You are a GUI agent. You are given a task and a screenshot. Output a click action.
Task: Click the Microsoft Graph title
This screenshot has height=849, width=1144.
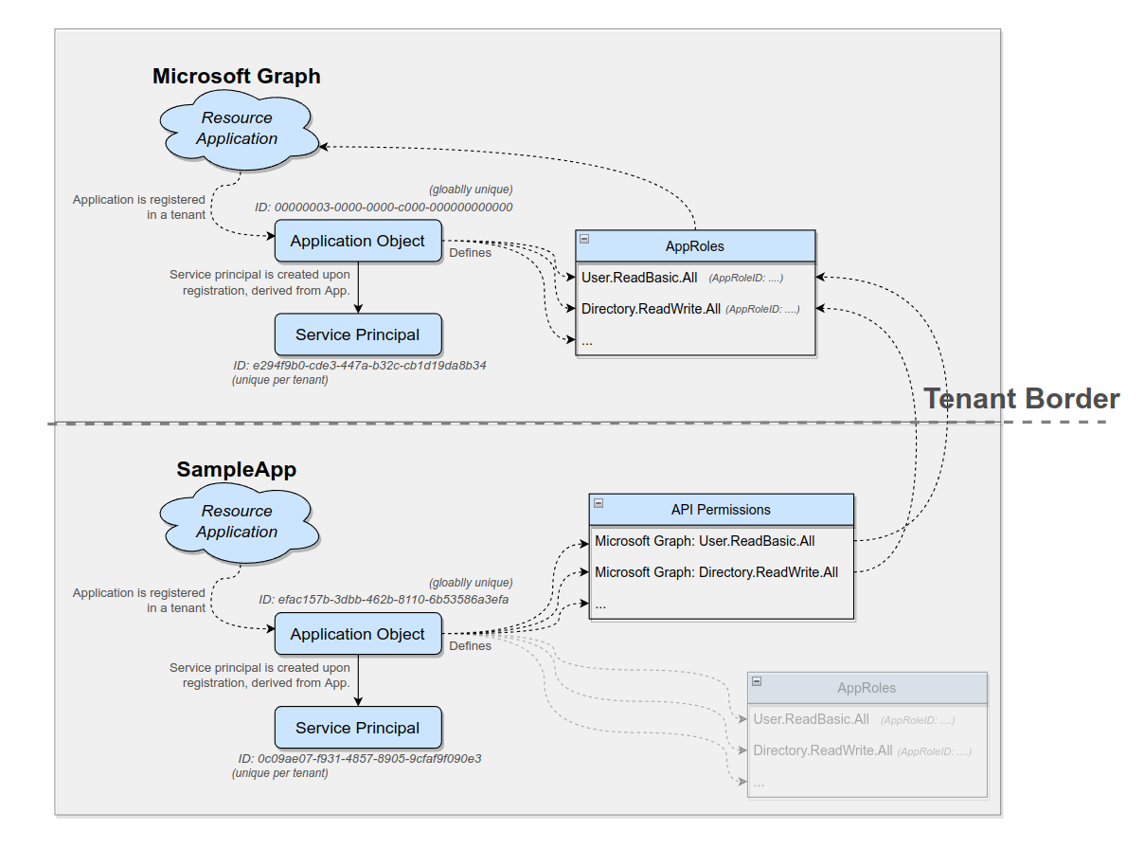236,77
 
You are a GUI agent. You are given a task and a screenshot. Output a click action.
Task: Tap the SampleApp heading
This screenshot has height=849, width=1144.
236,470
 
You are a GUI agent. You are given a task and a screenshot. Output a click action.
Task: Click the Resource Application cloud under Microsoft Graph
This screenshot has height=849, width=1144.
237,129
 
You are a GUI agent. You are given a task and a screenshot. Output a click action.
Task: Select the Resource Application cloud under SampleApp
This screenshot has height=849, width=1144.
237,522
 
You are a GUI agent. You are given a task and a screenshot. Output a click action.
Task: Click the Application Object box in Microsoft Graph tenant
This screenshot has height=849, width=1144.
358,241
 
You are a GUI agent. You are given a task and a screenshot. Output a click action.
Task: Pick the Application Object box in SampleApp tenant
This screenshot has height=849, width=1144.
358,634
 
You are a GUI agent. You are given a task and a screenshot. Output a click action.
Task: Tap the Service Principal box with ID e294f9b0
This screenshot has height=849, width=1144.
358,334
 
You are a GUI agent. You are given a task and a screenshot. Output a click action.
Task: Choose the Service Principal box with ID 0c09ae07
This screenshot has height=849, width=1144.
358,728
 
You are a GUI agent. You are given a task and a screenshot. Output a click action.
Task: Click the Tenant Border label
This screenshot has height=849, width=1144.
1021,399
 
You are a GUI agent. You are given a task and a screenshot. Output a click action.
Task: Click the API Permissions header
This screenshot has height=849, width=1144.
721,510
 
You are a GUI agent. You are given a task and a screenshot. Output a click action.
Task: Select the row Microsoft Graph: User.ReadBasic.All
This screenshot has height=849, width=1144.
705,542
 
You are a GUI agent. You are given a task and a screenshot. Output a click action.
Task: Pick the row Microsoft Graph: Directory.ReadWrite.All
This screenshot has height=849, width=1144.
716,572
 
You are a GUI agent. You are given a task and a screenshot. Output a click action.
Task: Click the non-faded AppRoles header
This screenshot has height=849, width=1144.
694,246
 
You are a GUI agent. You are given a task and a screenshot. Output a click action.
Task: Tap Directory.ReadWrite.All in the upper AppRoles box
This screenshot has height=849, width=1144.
651,309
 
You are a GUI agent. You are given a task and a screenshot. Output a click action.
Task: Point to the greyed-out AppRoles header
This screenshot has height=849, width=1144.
867,688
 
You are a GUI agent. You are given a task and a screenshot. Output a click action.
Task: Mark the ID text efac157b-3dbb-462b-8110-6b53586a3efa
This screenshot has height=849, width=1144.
384,600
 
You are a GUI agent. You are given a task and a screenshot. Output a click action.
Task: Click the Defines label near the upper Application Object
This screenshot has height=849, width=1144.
470,253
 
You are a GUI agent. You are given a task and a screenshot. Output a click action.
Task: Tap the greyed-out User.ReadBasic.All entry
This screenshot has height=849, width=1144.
811,719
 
